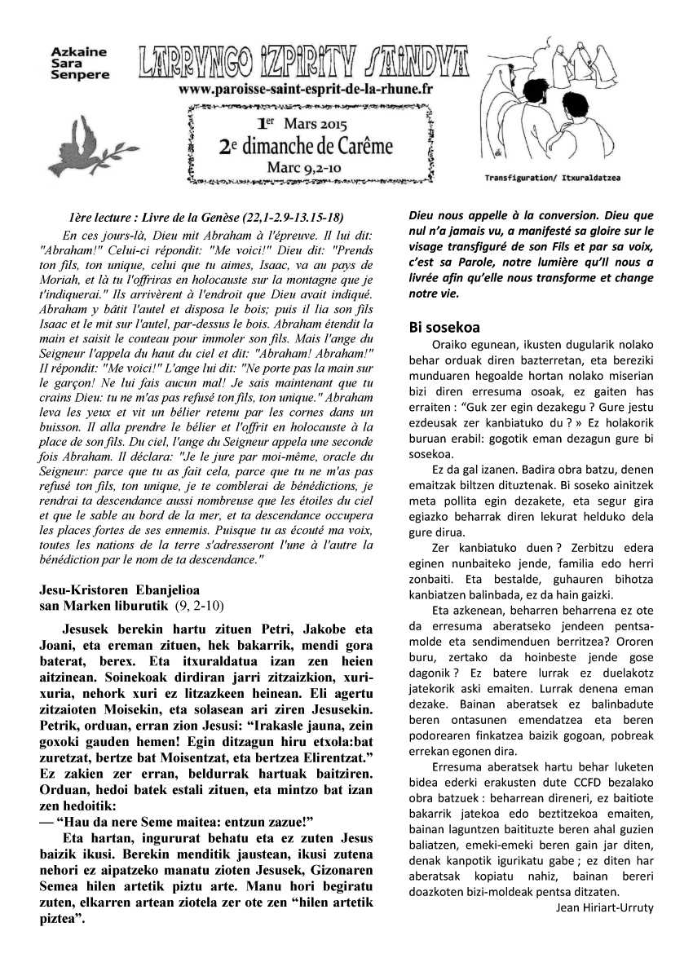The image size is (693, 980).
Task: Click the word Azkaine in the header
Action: [78, 51]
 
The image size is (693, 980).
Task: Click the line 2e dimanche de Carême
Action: [306, 146]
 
